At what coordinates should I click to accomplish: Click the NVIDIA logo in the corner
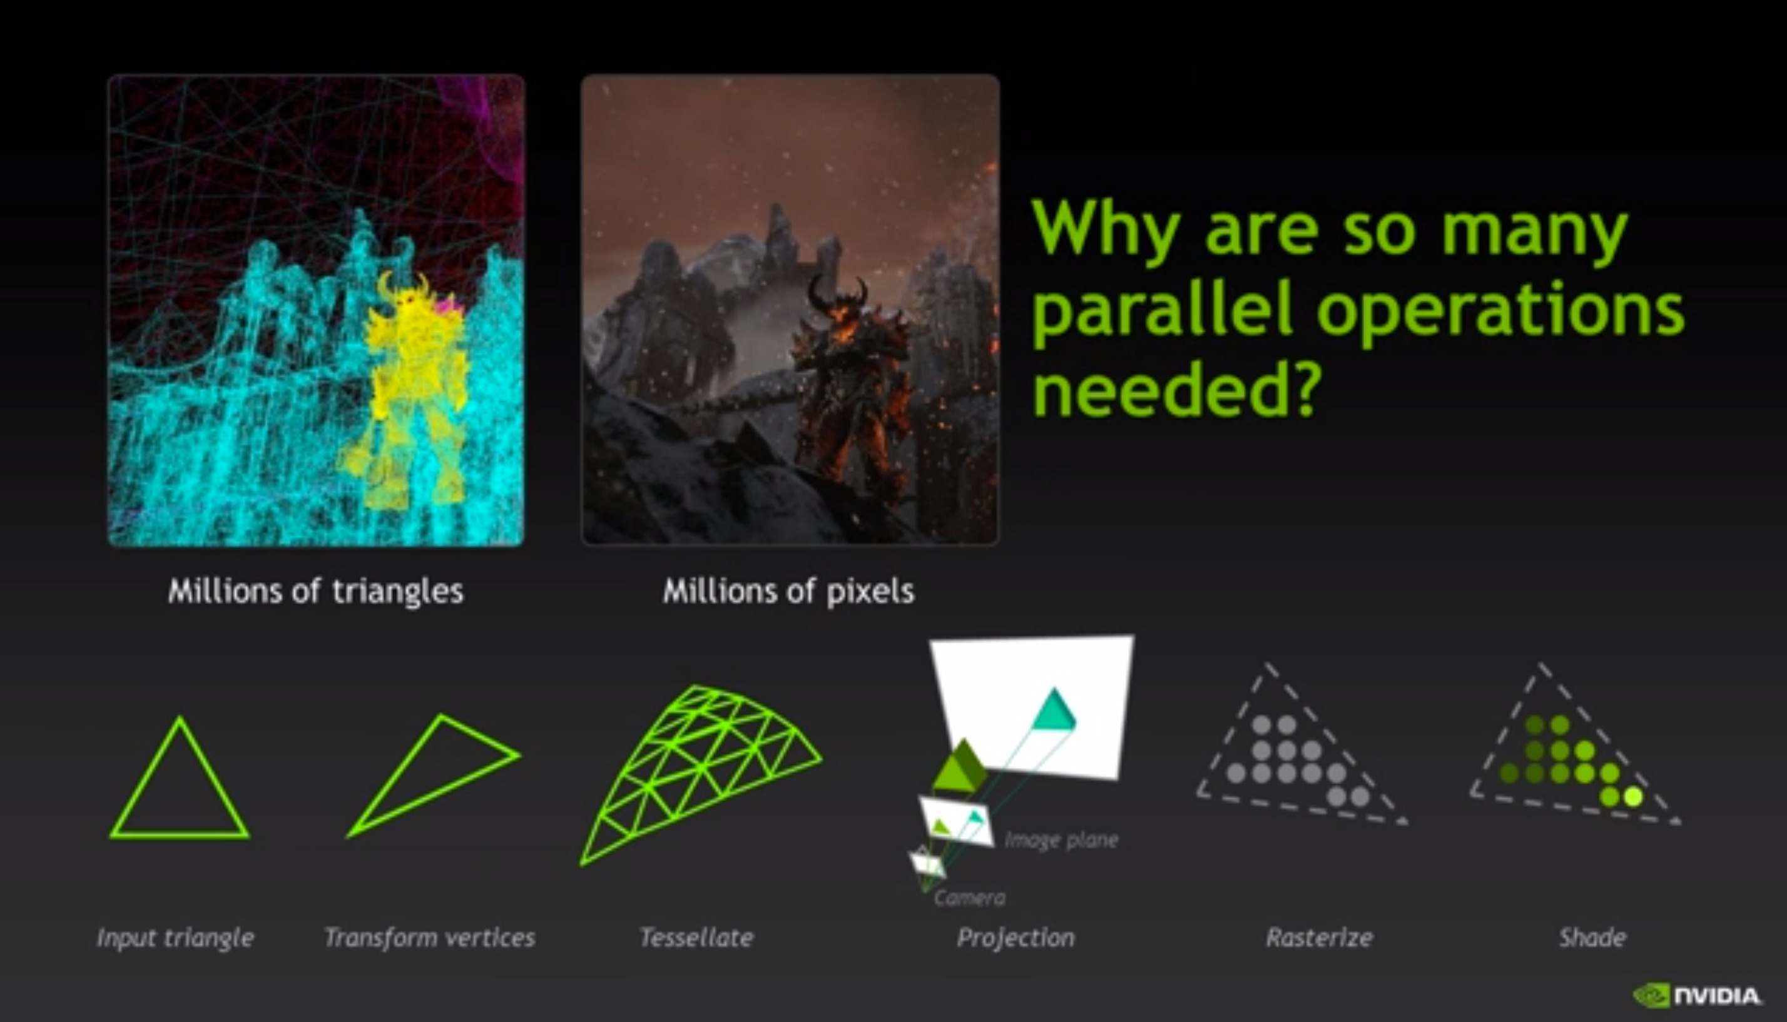pyautogui.click(x=1696, y=995)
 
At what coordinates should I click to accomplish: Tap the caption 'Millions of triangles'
pyautogui.click(x=316, y=591)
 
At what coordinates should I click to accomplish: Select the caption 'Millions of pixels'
pyautogui.click(x=788, y=591)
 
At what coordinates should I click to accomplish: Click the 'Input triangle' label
pyautogui.click(x=176, y=938)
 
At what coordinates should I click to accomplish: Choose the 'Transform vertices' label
pyautogui.click(x=430, y=937)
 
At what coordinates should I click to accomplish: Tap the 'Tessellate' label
pyautogui.click(x=696, y=937)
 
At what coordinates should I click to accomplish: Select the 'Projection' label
pyautogui.click(x=1016, y=938)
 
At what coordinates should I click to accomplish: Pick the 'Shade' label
pyautogui.click(x=1592, y=937)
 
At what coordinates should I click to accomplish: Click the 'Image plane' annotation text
pyautogui.click(x=1062, y=840)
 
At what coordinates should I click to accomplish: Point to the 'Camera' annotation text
pyautogui.click(x=970, y=898)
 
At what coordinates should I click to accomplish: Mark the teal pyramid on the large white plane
pyautogui.click(x=1053, y=711)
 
